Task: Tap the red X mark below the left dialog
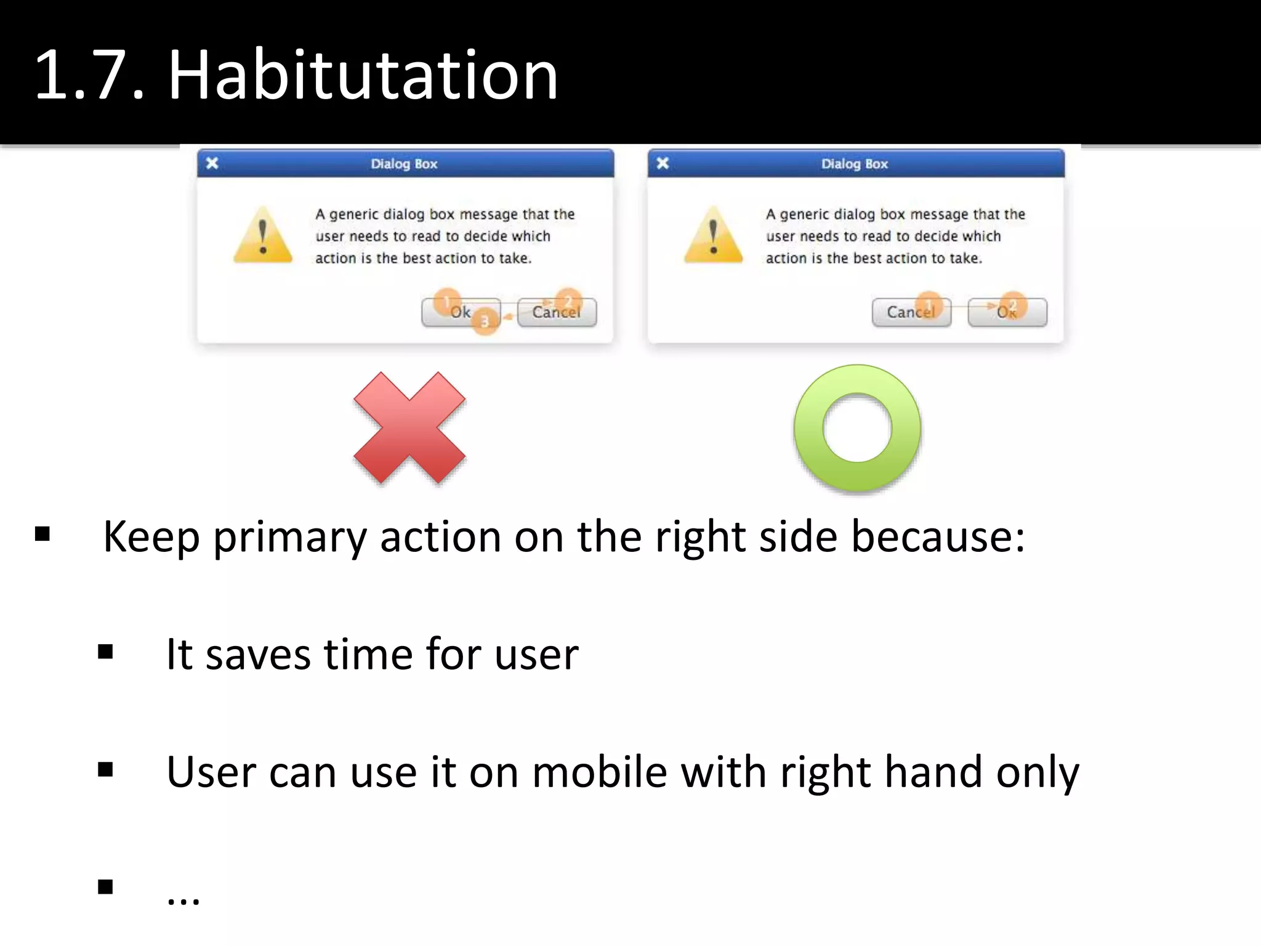click(409, 427)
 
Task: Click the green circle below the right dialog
click(857, 429)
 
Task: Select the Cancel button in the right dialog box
click(911, 312)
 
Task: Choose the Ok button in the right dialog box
click(1007, 312)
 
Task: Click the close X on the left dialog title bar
click(212, 163)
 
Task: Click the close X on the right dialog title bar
click(663, 163)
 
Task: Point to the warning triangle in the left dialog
click(263, 235)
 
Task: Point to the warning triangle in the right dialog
click(713, 235)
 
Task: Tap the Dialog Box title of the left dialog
click(404, 164)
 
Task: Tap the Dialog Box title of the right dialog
click(855, 164)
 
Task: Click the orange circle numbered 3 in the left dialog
click(485, 321)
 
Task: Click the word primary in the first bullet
click(289, 538)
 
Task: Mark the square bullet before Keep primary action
click(42, 533)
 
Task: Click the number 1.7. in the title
click(90, 75)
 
